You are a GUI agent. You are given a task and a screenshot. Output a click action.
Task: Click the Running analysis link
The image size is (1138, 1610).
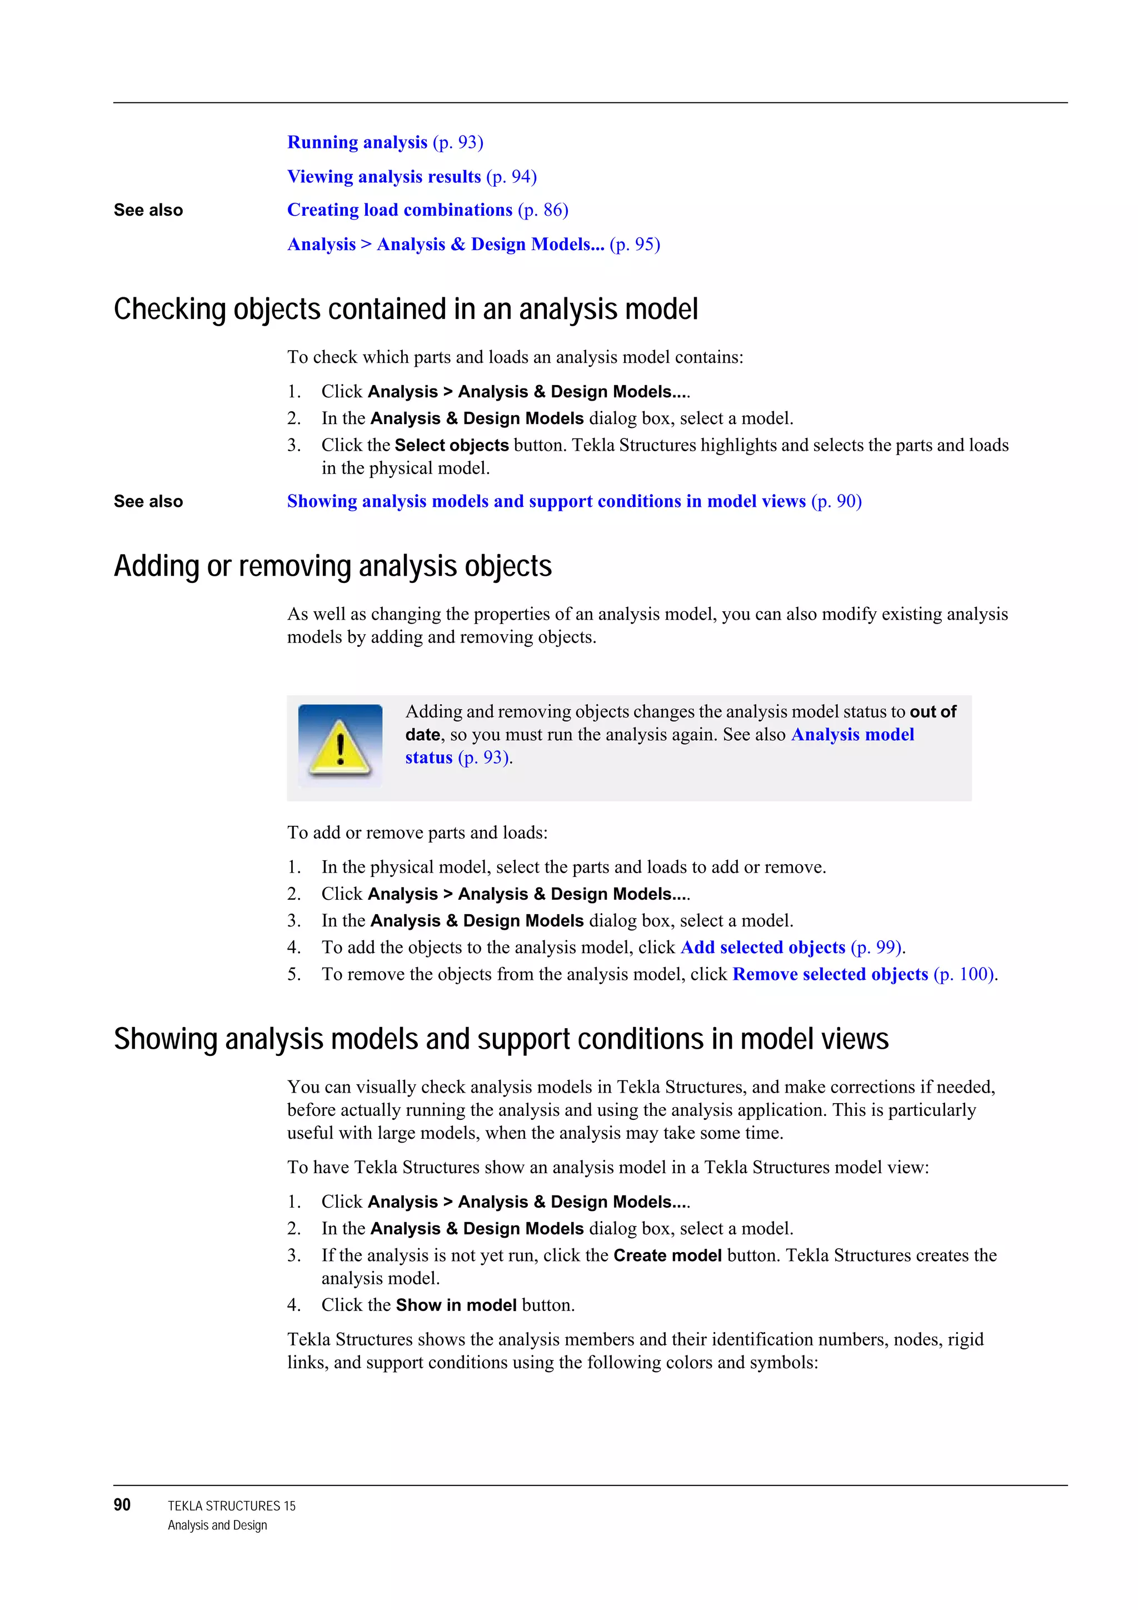pos(357,142)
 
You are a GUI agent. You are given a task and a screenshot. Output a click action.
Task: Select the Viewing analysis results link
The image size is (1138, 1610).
pos(383,177)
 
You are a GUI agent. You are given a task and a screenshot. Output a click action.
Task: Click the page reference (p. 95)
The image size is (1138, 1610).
pos(635,244)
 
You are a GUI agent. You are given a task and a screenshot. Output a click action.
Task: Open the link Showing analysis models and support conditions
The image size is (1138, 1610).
pos(546,501)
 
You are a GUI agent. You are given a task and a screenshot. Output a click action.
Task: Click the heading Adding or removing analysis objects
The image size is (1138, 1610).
pos(332,566)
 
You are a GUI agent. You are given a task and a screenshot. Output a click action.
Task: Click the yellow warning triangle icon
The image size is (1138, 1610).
pos(340,745)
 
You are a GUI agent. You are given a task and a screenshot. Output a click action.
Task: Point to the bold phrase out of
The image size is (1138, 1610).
pos(932,712)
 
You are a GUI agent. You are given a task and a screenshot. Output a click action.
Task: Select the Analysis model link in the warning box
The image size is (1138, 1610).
pos(852,734)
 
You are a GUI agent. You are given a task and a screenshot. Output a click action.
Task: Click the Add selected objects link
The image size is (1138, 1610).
pos(762,948)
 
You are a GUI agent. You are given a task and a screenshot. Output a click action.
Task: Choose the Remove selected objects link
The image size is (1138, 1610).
pos(830,974)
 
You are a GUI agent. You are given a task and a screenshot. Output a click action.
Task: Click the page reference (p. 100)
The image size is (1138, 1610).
pos(964,974)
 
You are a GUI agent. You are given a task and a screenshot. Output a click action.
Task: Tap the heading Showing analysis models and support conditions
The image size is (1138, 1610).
pos(501,1039)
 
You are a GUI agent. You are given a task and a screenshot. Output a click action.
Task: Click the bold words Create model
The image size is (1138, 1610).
pos(667,1255)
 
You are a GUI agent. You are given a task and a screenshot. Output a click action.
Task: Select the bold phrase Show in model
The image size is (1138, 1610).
pos(456,1305)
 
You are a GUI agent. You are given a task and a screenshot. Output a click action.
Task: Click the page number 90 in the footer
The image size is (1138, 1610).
pos(122,1505)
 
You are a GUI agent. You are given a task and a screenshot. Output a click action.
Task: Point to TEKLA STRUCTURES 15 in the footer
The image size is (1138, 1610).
pos(231,1506)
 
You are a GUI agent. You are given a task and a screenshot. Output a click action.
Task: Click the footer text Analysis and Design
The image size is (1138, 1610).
pos(217,1525)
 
